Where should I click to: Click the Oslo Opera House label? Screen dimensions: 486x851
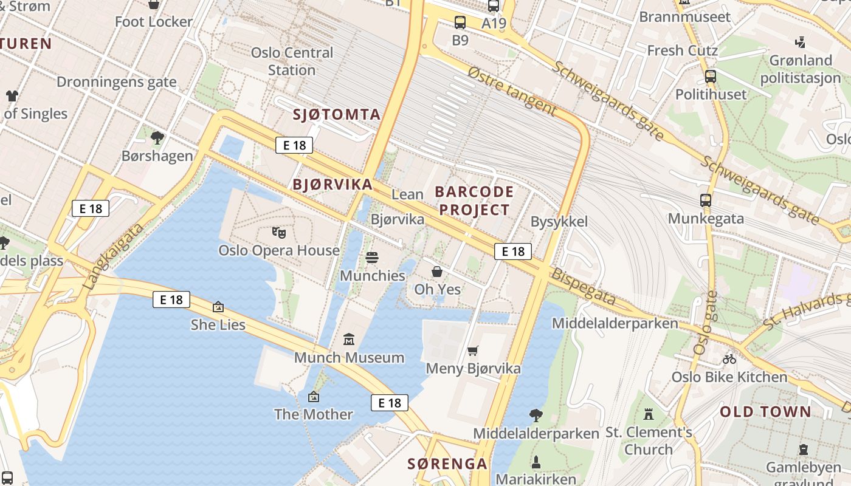click(x=279, y=250)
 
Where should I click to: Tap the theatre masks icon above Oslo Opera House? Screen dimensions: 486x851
click(x=279, y=232)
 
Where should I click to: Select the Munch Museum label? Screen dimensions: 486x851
click(x=349, y=357)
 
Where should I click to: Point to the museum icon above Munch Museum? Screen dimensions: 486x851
click(x=349, y=339)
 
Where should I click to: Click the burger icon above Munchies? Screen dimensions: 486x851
click(x=372, y=258)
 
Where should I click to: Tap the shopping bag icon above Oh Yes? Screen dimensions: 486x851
click(x=437, y=272)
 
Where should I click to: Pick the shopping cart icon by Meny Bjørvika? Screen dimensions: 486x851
click(x=473, y=351)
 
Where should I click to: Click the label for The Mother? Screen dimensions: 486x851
click(x=313, y=414)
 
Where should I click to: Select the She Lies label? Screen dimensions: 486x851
click(x=218, y=324)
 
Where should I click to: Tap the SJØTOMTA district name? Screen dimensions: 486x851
click(x=337, y=114)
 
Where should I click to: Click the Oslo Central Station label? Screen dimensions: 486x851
click(x=292, y=61)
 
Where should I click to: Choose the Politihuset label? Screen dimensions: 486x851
click(x=711, y=94)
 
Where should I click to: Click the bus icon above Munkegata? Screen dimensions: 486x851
click(x=706, y=200)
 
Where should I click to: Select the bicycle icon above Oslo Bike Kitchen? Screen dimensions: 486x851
click(x=729, y=359)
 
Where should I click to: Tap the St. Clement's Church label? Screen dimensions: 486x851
click(x=649, y=441)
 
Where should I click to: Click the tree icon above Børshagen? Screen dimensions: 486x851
click(x=157, y=138)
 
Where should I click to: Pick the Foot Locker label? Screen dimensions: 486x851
click(x=154, y=22)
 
